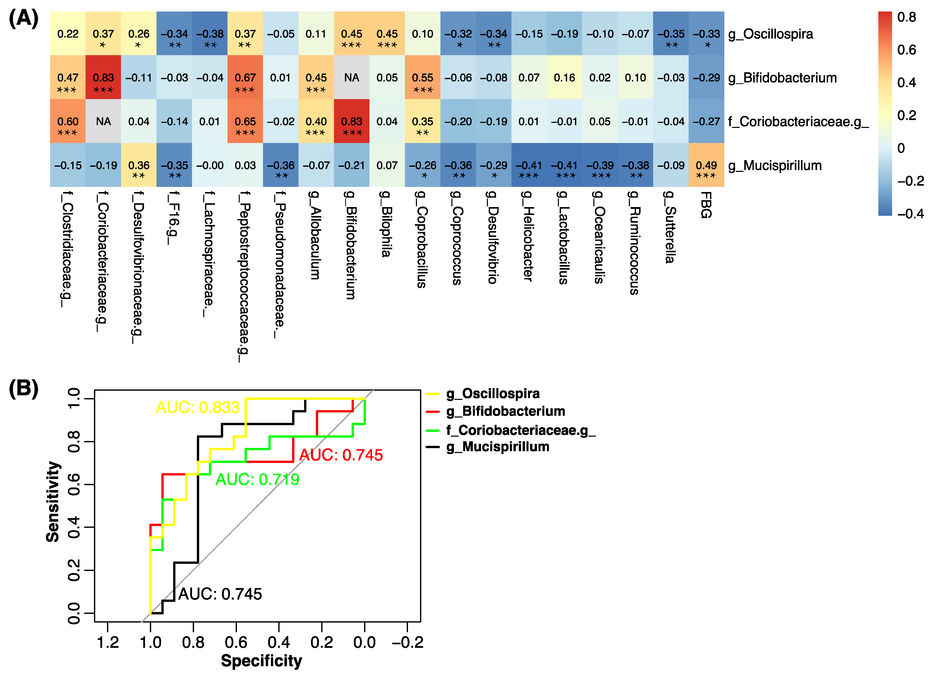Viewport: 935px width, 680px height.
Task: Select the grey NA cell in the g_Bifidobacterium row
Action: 351,78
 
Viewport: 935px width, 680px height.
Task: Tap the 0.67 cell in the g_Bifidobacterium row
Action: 245,78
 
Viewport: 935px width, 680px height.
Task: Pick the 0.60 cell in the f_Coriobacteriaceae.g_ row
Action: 68,121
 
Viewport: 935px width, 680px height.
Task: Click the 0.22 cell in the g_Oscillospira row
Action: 68,34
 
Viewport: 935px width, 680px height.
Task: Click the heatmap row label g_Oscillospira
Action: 770,34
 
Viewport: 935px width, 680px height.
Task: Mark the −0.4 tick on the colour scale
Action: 910,214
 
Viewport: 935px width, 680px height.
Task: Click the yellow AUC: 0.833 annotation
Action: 197,408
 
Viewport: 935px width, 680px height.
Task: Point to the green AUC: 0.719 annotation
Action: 257,480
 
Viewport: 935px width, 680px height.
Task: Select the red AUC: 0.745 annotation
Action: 341,455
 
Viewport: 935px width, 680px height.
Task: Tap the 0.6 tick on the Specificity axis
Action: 236,642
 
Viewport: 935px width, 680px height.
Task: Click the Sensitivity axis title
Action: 53,502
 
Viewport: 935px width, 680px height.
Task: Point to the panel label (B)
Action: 23,388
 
